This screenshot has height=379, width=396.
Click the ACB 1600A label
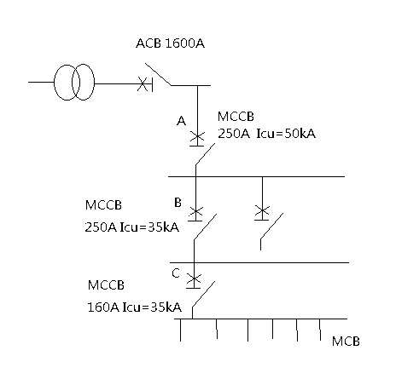point(170,43)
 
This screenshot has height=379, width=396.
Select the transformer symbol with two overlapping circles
point(74,82)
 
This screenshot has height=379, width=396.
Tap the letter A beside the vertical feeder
point(181,121)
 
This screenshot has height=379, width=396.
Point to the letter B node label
point(178,203)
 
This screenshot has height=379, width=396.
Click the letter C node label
point(176,273)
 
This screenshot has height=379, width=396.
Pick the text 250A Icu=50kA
point(266,134)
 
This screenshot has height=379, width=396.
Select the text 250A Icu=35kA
point(132,227)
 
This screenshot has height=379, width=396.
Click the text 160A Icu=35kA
point(134,307)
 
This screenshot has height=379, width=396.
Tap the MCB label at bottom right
point(346,342)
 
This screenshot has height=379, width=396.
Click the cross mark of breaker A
point(197,137)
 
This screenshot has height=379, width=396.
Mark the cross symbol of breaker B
point(195,212)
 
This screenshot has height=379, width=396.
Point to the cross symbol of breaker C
point(194,279)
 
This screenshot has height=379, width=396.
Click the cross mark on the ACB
point(143,83)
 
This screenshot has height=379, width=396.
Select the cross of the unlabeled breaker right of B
point(262,210)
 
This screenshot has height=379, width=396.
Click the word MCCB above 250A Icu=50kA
point(236,117)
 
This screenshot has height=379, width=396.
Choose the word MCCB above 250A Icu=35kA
point(103,205)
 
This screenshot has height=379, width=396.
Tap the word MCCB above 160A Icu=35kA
point(106,285)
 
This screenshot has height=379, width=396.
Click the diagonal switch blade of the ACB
point(158,74)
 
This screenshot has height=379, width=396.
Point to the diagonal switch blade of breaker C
point(203,294)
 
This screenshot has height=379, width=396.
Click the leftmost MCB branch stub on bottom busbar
point(180,330)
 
